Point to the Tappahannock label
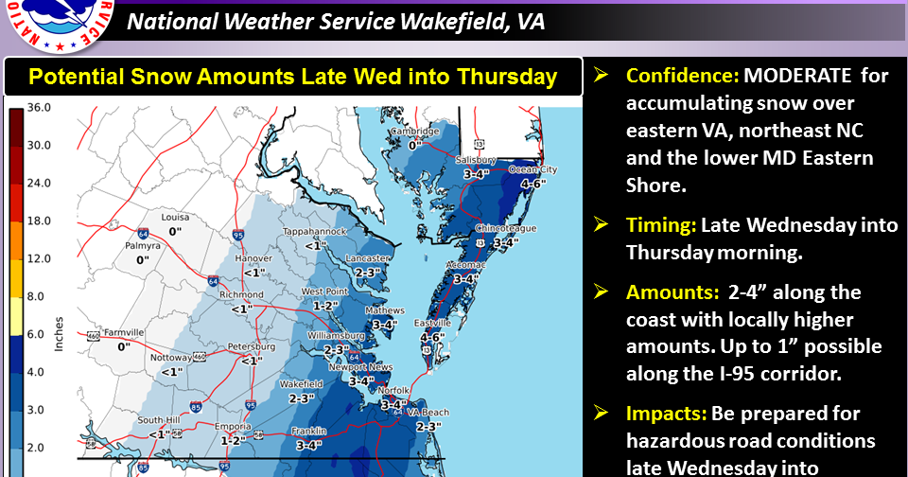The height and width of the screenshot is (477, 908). pyautogui.click(x=315, y=232)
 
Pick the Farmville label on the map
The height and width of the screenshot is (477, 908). pyautogui.click(x=123, y=332)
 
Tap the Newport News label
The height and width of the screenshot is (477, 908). pyautogui.click(x=367, y=367)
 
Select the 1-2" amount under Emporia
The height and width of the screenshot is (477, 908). pyautogui.click(x=233, y=439)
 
